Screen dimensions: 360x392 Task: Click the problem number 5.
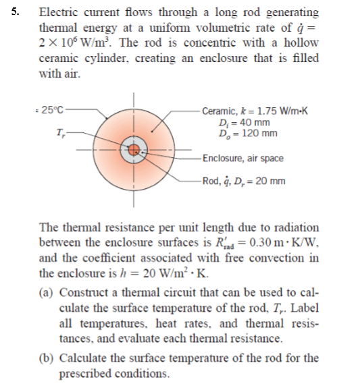pos(9,12)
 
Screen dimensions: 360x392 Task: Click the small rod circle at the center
pos(134,149)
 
